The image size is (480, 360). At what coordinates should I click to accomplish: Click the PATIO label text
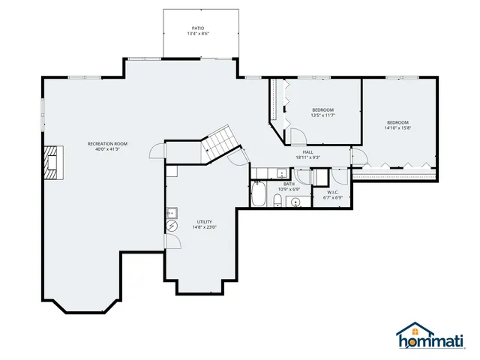197,28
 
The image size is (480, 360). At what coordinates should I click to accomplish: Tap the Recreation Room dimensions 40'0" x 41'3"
107,149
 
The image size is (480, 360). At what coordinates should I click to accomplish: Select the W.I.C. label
333,192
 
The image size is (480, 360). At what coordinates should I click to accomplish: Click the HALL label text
307,151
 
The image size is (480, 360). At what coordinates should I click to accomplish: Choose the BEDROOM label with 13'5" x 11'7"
322,109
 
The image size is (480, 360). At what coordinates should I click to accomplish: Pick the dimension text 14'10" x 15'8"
397,128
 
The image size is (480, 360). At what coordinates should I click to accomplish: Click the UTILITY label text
204,221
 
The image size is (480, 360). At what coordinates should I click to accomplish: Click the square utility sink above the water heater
171,211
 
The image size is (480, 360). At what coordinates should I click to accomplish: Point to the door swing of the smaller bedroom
297,137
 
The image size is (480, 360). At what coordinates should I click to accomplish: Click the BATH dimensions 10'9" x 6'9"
289,189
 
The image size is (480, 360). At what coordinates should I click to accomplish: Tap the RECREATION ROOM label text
107,143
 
